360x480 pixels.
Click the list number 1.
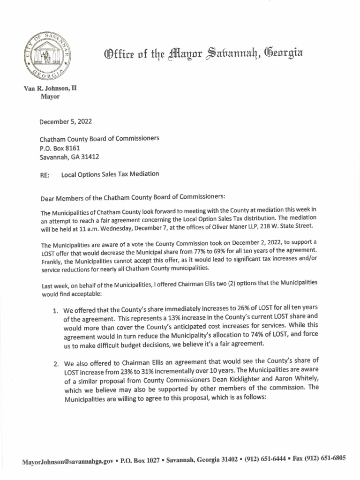point(55,311)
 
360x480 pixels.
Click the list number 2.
point(55,363)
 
